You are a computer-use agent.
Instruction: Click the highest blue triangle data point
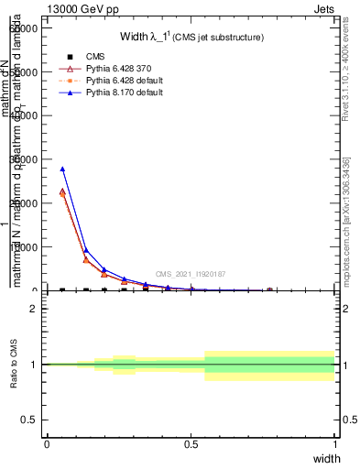pyautogui.click(x=62, y=169)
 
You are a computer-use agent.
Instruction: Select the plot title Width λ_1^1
pyautogui.click(x=192, y=37)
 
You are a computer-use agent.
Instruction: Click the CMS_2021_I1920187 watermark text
pyautogui.click(x=191, y=274)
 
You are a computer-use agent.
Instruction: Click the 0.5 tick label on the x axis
pyautogui.click(x=191, y=444)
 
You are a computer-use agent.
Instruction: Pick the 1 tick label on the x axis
pyautogui.click(x=335, y=444)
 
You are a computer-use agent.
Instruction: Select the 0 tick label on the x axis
pyautogui.click(x=47, y=444)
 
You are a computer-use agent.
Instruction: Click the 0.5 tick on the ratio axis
pyautogui.click(x=30, y=420)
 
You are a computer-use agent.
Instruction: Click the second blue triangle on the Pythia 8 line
pyautogui.click(x=85, y=249)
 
